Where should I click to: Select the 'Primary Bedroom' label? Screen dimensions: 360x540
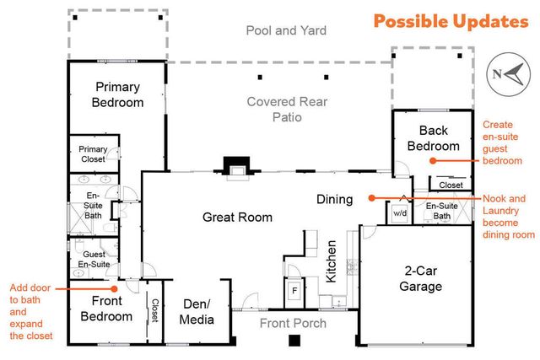point(118,94)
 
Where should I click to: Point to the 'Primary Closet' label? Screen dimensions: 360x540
point(93,154)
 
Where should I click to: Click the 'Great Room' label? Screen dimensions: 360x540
point(237,218)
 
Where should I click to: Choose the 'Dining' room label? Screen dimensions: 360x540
point(334,200)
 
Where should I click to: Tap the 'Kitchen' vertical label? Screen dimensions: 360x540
point(332,261)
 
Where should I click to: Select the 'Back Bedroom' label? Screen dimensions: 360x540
point(434,138)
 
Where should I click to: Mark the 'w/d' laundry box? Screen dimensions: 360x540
point(399,214)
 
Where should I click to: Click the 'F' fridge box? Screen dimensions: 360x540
point(294,291)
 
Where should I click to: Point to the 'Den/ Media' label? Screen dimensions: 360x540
point(197,312)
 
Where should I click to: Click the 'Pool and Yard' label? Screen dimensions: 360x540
point(286,31)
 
